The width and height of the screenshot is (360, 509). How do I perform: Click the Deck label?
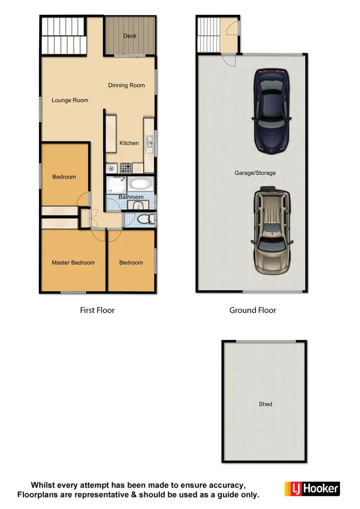(130, 36)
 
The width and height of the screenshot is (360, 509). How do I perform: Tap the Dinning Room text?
(126, 85)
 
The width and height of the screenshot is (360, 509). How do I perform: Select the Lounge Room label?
(70, 100)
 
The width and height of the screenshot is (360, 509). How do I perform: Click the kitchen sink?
(149, 141)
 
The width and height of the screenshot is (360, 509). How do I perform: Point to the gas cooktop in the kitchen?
(126, 168)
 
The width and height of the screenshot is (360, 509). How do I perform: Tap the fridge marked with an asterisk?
(112, 168)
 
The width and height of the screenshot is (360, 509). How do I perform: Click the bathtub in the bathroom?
(141, 184)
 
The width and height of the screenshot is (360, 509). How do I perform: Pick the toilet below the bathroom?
(144, 219)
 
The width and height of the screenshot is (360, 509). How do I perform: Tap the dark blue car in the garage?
(272, 111)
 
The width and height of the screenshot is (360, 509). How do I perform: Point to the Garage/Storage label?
(255, 173)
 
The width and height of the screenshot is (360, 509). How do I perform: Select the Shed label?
(265, 404)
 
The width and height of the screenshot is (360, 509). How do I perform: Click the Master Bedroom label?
(73, 262)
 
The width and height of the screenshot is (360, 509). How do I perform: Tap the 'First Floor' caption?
(97, 310)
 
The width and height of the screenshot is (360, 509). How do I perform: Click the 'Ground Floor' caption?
(252, 310)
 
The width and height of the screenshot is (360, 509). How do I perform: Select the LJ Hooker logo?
(312, 488)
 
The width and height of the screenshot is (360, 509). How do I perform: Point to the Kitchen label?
(129, 143)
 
